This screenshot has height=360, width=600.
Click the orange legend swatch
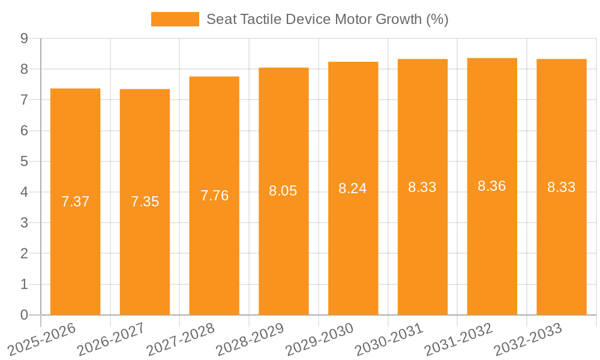click(x=175, y=19)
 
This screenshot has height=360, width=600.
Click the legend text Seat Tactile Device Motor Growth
click(x=327, y=19)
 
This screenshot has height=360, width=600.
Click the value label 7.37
click(x=75, y=202)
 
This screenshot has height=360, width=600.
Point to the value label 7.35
click(x=145, y=202)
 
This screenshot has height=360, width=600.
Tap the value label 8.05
click(x=283, y=191)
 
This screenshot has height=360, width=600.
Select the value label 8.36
click(x=492, y=186)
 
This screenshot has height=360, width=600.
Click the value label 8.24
click(x=353, y=188)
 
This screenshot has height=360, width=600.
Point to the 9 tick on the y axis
click(x=24, y=38)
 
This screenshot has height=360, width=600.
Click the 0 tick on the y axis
click(x=24, y=315)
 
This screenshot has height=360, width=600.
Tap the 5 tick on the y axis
click(x=24, y=161)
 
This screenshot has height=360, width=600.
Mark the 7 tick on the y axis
click(x=24, y=100)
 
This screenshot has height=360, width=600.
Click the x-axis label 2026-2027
click(x=111, y=339)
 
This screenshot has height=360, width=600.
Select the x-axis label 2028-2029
click(x=250, y=339)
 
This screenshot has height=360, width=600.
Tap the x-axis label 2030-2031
click(x=389, y=339)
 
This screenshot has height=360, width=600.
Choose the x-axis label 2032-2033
click(x=527, y=339)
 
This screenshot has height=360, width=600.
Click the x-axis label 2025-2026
click(x=42, y=339)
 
